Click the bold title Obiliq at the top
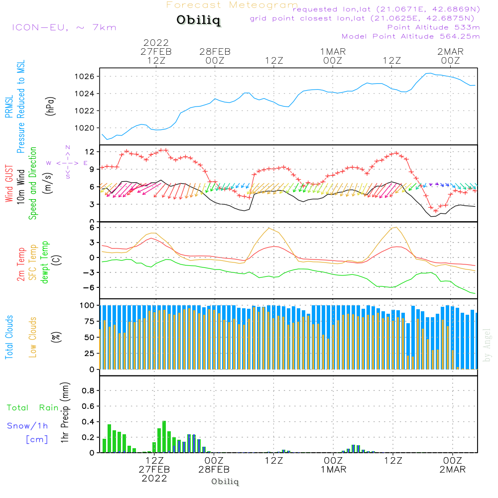pos(198,21)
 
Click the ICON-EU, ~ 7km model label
pos(64,27)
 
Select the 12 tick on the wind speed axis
pos(90,151)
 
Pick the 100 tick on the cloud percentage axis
pos(88,305)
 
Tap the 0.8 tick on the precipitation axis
pos(88,391)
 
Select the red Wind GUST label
pos(9,184)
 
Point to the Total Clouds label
pos(9,337)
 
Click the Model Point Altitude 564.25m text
pos(410,36)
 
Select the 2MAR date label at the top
pos(450,52)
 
